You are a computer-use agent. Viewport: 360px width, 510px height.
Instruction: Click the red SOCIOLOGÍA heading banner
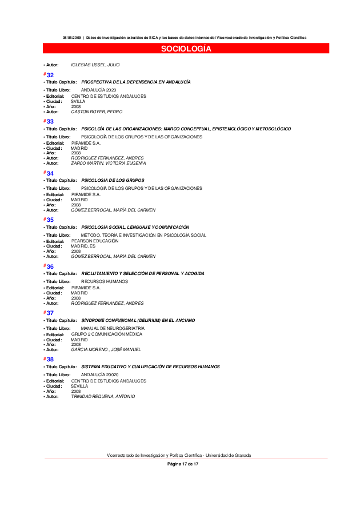click(x=186, y=49)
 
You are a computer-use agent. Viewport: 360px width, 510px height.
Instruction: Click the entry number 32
click(x=50, y=75)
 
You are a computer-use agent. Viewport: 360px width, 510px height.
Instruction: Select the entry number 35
click(x=50, y=220)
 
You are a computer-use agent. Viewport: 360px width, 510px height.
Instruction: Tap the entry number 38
click(x=50, y=359)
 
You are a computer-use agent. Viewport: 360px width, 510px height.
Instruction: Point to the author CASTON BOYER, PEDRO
click(x=96, y=111)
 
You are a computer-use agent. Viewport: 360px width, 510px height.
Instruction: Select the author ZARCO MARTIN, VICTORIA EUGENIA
click(x=108, y=163)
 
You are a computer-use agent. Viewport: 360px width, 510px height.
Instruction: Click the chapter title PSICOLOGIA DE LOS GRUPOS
click(x=113, y=180)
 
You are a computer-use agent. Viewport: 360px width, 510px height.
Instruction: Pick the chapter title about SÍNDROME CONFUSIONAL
click(x=138, y=320)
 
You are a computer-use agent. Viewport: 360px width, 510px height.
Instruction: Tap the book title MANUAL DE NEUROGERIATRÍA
click(x=113, y=328)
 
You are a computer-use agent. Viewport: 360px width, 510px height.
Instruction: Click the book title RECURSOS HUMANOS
click(x=105, y=281)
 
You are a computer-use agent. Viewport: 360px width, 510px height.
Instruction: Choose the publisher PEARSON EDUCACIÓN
click(x=95, y=241)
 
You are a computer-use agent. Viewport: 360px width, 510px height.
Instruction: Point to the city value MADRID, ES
click(x=83, y=246)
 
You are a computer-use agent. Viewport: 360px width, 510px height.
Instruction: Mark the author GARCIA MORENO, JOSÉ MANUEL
click(x=106, y=349)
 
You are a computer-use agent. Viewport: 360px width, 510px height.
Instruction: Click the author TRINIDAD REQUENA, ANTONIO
click(x=103, y=396)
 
